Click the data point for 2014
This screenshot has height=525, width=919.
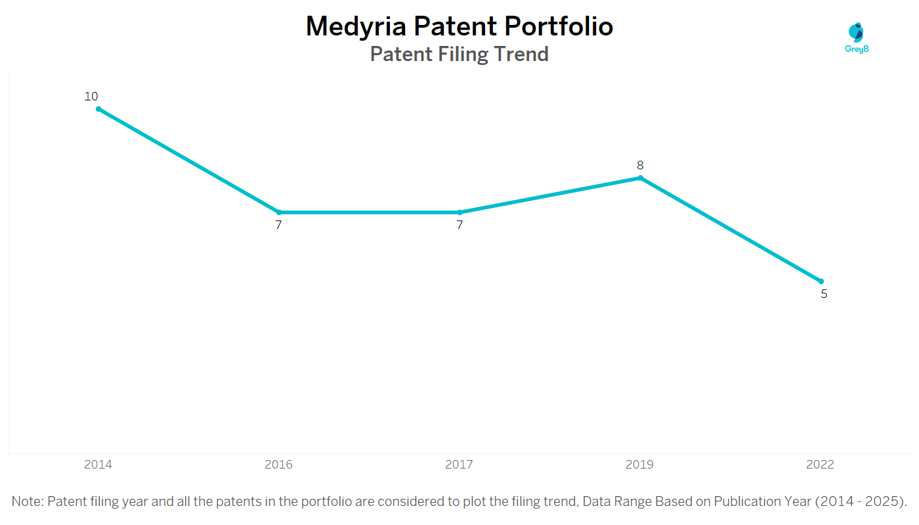click(x=98, y=109)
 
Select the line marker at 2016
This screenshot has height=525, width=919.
click(x=279, y=213)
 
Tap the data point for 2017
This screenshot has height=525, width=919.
click(x=460, y=213)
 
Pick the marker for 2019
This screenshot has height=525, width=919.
click(x=640, y=178)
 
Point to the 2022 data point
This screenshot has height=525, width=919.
click(x=821, y=282)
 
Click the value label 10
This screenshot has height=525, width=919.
click(x=91, y=96)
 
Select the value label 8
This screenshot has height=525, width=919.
click(x=640, y=165)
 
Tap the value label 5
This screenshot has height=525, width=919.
click(x=824, y=294)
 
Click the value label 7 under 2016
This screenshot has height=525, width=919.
click(x=278, y=225)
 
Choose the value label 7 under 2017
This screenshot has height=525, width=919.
click(x=460, y=225)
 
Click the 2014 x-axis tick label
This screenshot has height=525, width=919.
click(x=98, y=465)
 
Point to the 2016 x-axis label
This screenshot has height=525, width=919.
click(x=278, y=465)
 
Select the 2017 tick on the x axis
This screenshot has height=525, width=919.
click(x=459, y=465)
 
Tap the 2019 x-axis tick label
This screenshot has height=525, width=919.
click(x=639, y=465)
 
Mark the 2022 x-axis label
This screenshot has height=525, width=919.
click(x=820, y=465)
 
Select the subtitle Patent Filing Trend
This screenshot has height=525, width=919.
click(x=460, y=54)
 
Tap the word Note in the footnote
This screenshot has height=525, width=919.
click(x=27, y=501)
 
